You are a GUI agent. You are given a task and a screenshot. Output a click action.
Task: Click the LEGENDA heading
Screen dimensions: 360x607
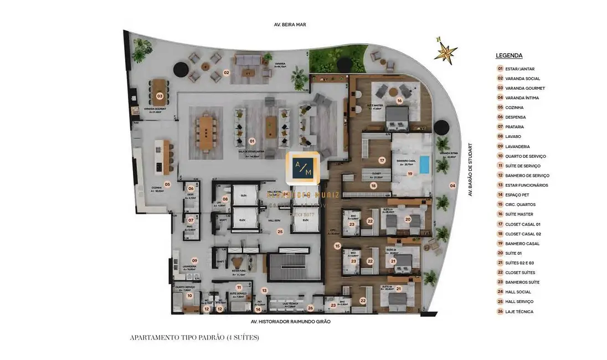coord(509,55)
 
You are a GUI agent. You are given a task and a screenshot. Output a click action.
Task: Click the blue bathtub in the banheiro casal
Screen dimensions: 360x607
coord(424,164)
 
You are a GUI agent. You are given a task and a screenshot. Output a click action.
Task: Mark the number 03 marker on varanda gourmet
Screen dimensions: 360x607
coord(160,96)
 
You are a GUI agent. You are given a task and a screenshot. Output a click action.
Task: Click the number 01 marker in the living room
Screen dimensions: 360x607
coord(252,141)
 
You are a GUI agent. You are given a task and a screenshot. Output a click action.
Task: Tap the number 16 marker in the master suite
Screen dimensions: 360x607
coord(399,101)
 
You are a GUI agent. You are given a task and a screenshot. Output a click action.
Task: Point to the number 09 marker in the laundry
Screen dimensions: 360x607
coord(194,260)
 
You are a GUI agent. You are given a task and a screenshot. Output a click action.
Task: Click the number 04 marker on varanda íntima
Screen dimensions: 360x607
coord(452,186)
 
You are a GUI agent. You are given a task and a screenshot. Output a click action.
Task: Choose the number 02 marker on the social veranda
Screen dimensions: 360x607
coord(226,73)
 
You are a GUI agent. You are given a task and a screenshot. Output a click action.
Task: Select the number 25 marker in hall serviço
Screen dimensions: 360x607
coord(280,232)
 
